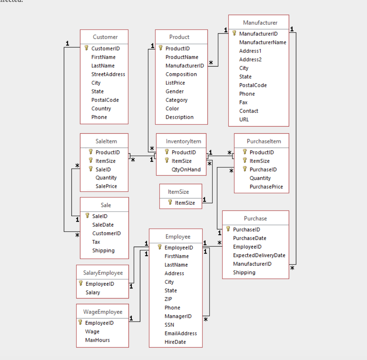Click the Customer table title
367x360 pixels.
pos(105,37)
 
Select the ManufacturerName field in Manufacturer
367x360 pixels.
pos(262,42)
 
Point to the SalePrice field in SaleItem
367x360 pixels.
pos(106,186)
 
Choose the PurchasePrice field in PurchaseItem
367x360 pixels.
pos(266,187)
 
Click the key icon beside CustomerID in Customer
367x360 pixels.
pos(86,48)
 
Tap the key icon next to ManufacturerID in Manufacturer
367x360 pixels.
pos(234,34)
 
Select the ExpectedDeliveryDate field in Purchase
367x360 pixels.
pos(259,255)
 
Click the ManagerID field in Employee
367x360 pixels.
pos(178,316)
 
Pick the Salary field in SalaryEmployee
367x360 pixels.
pos(93,292)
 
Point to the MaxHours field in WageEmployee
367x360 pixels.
pos(97,340)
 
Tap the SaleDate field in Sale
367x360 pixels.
pos(103,225)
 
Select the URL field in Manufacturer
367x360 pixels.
pos(244,119)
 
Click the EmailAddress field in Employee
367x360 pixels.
pos(180,333)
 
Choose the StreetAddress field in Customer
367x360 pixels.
pos(108,74)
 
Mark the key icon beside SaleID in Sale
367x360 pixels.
pos(87,216)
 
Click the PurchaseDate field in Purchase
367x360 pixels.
pos(250,238)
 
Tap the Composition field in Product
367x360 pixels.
pos(181,74)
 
